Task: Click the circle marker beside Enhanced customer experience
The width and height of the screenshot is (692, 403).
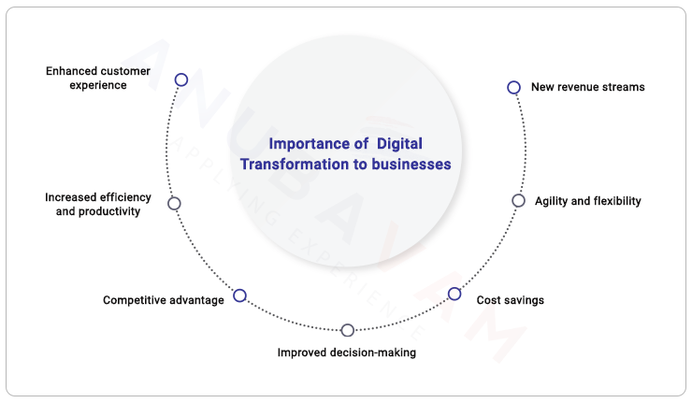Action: (181, 80)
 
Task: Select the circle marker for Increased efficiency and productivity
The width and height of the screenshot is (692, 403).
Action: (174, 203)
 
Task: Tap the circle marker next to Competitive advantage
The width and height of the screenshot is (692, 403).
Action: (239, 295)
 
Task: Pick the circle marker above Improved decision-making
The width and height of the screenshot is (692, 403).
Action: (348, 330)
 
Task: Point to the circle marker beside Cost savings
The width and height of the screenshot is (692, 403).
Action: (454, 294)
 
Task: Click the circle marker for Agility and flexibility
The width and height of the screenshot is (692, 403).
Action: (518, 200)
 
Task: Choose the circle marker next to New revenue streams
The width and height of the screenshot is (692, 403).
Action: (513, 87)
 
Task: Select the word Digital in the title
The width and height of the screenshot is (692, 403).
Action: (399, 144)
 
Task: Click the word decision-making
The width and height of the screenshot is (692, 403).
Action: (371, 353)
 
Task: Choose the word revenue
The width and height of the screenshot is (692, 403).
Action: (580, 87)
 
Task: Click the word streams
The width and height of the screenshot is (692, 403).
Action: (625, 87)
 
